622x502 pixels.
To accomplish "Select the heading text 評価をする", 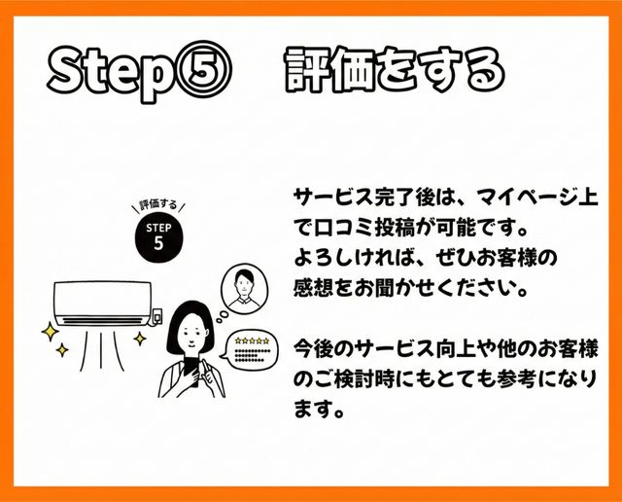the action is coord(395,70).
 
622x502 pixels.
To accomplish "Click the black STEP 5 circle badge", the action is coord(159,237).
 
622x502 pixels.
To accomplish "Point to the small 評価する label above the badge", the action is coord(158,205).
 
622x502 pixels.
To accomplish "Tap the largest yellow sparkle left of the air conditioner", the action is coord(51,332).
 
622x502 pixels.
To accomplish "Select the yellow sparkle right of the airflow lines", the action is coord(140,339).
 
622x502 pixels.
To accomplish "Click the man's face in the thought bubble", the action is coord(243,284).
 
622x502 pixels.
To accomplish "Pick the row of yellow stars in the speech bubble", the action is coord(252,341).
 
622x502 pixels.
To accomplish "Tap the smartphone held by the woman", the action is coord(191,371).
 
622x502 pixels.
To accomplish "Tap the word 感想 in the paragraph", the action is coord(314,288).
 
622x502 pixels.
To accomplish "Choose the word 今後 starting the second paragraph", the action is coord(314,349).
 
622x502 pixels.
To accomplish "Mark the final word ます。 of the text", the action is coord(319,409).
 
